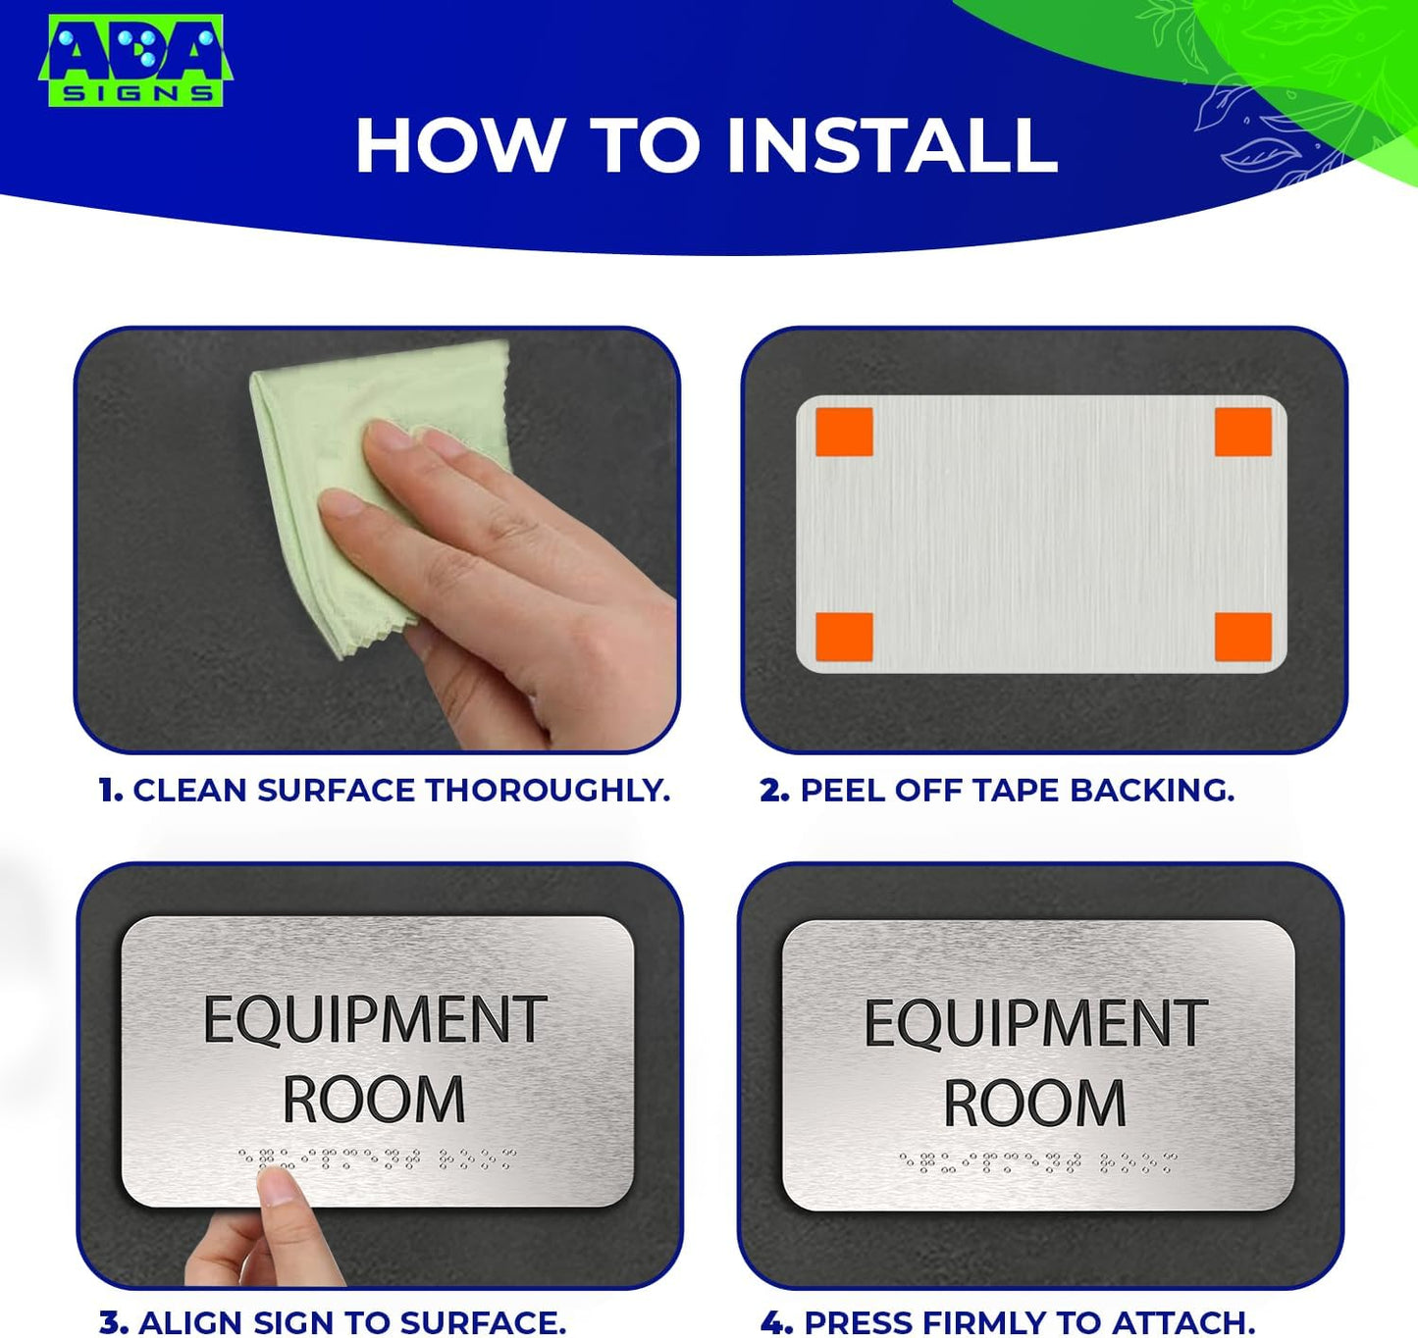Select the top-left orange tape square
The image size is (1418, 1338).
pos(844,433)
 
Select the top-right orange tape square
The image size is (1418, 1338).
pos(1242,433)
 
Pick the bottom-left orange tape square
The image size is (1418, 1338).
pos(844,638)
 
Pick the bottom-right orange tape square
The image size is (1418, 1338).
pos(1242,638)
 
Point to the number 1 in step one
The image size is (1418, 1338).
pos(109,791)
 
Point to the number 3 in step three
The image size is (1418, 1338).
pos(113,1322)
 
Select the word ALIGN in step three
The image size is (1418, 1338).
pos(191,1322)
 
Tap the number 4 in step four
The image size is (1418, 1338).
pos(775,1322)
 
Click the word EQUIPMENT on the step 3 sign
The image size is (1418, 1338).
pos(375,1020)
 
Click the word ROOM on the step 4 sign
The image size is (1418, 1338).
pos(1034,1104)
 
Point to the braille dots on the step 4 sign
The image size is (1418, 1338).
pos(1037,1163)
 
